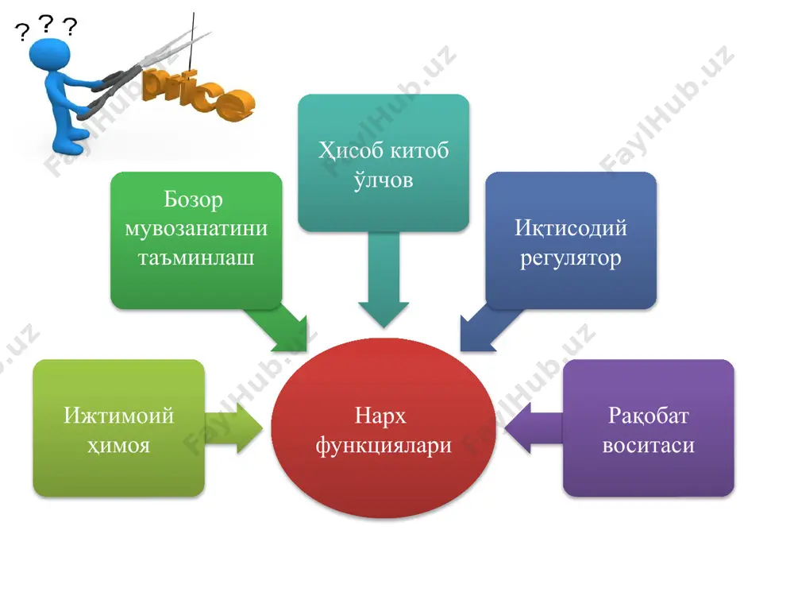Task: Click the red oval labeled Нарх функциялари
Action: [384, 428]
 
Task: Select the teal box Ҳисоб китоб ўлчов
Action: [384, 163]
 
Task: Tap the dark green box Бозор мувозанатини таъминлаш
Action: [196, 240]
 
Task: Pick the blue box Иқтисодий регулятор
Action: [571, 240]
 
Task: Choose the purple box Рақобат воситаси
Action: [649, 428]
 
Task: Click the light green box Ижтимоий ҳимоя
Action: [119, 428]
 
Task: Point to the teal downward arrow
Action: [384, 279]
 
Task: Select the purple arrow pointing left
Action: [534, 428]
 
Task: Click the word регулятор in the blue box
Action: [571, 258]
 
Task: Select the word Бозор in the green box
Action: [193, 199]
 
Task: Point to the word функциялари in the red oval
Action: [384, 447]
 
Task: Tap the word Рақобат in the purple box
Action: [649, 416]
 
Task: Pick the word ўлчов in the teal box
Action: [384, 180]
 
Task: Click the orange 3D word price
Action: [198, 95]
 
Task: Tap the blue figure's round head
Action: [49, 55]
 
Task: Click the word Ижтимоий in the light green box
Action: [119, 416]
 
